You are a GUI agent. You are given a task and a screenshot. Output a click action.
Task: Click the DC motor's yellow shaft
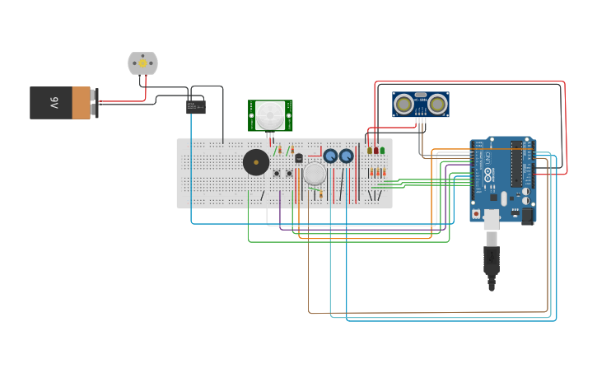[x=142, y=63]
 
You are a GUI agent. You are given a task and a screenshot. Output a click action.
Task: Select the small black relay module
[x=195, y=106]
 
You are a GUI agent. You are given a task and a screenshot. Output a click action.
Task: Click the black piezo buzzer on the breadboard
[x=256, y=162]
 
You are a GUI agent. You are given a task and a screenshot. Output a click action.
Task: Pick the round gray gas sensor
[x=315, y=174]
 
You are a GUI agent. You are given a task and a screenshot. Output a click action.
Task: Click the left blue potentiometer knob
[x=330, y=156]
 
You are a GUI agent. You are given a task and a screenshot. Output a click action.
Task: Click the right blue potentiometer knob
[x=347, y=156]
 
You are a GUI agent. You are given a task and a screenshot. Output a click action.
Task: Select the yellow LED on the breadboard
[x=370, y=150]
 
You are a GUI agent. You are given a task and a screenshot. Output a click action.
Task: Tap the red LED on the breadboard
[x=376, y=150]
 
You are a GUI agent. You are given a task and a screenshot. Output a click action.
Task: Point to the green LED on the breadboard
[x=383, y=150]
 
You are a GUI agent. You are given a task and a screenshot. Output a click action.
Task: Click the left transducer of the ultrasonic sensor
[x=404, y=104]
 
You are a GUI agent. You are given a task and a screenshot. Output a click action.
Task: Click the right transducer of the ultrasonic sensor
[x=437, y=104]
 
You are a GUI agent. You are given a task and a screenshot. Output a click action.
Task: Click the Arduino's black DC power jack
[x=528, y=215]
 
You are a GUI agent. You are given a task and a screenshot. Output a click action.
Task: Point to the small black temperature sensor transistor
[x=299, y=157]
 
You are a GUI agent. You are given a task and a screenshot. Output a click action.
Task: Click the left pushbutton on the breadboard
[x=277, y=173]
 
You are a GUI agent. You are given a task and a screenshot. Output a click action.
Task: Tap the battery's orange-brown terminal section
[x=82, y=103]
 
